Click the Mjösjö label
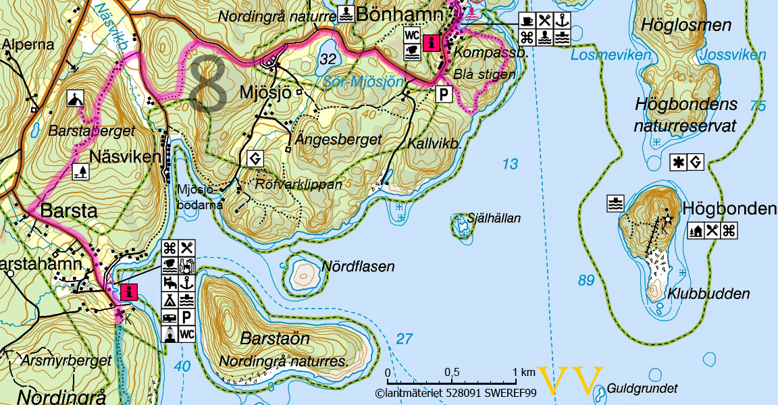267,93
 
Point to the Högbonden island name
729,209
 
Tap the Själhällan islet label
494,218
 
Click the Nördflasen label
358,267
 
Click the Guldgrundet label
642,389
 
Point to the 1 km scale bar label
523,373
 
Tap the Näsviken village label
128,157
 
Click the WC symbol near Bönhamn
411,34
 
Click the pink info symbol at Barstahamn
128,292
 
